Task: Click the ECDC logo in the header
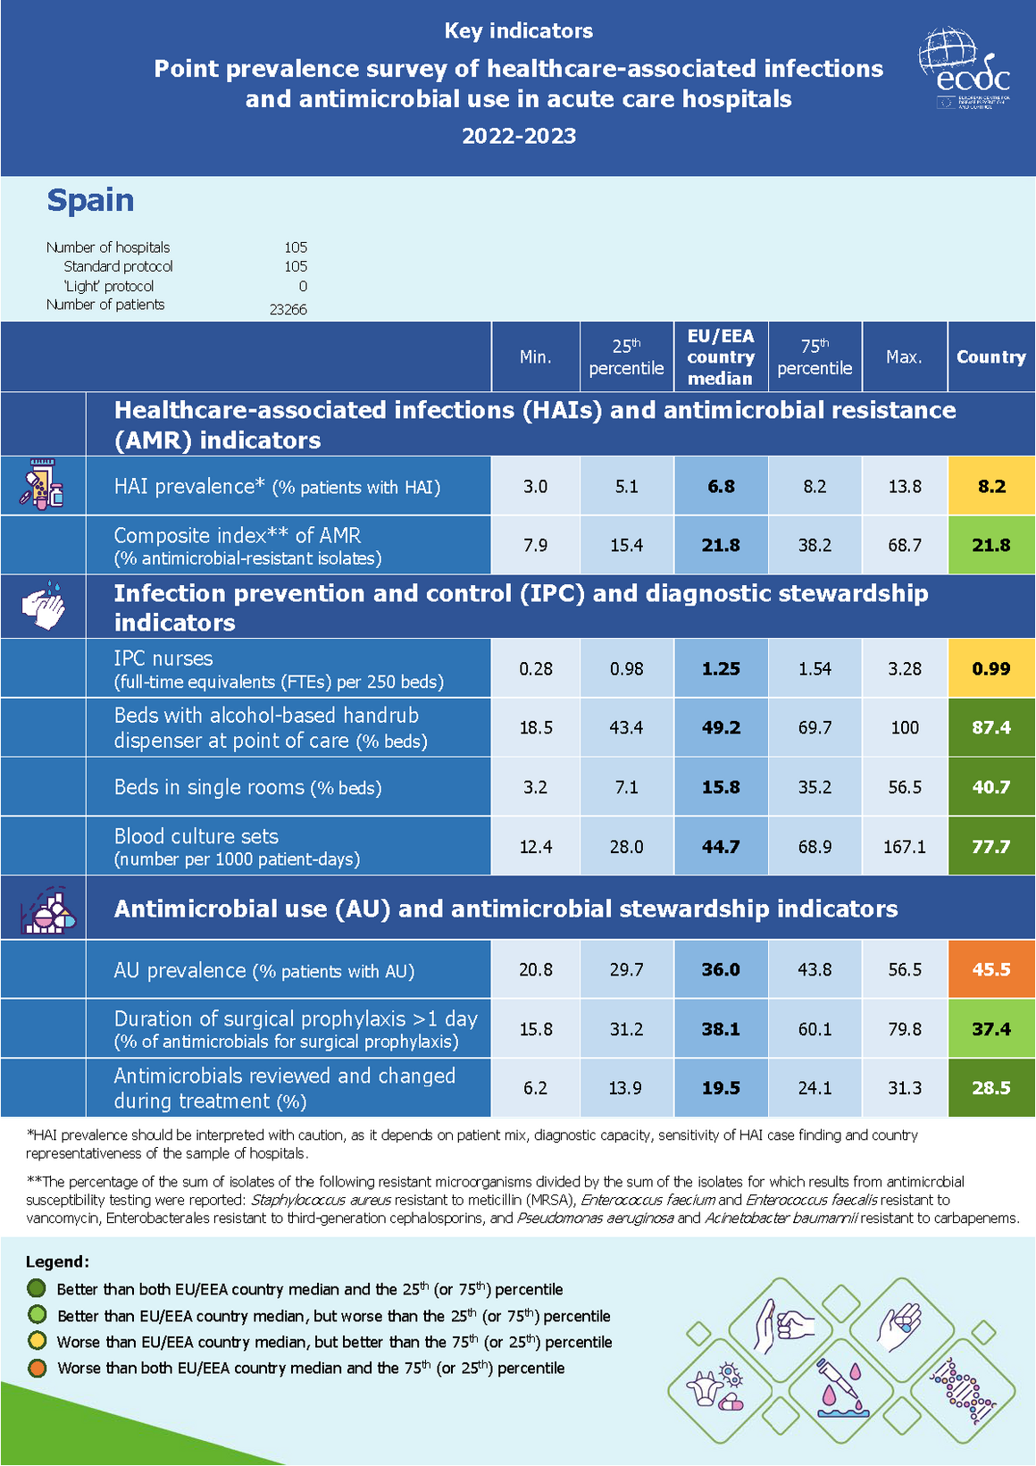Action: coord(965,68)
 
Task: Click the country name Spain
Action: coord(90,200)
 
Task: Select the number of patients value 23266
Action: coord(288,309)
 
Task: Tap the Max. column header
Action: coord(904,356)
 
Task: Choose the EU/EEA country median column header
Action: coord(720,356)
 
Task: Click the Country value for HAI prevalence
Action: coord(991,486)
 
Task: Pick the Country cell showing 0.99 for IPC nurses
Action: coord(991,668)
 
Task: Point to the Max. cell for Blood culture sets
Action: coord(904,846)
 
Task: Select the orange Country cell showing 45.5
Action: coord(991,969)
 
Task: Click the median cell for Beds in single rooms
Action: coord(720,787)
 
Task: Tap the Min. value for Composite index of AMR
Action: coord(535,545)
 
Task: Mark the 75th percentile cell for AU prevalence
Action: coord(815,969)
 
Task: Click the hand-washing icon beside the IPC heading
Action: coord(43,606)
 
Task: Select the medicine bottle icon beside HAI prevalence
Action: coord(43,485)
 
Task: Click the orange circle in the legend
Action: coord(37,1368)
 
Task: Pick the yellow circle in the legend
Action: coord(37,1341)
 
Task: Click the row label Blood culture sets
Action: coord(196,836)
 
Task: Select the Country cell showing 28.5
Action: coord(991,1088)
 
